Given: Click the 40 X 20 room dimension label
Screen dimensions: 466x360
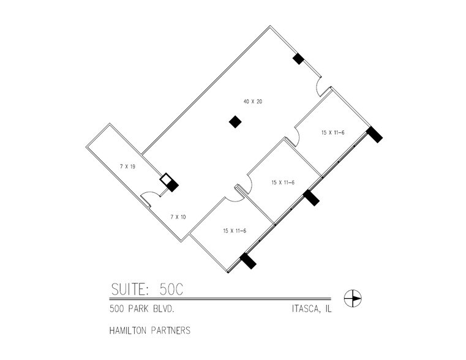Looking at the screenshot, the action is pyautogui.click(x=253, y=102).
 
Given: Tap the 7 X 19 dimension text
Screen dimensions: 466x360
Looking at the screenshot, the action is pyautogui.click(x=127, y=167).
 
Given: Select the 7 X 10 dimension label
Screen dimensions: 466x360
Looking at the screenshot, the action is pyautogui.click(x=178, y=217).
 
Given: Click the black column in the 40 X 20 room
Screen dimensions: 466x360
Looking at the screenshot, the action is pyautogui.click(x=235, y=122).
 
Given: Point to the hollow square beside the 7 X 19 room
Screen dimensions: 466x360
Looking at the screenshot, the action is pyautogui.click(x=165, y=179).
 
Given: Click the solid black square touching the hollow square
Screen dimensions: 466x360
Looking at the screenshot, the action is pyautogui.click(x=172, y=186).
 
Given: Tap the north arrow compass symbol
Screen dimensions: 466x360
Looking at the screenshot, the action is pyautogui.click(x=353, y=298).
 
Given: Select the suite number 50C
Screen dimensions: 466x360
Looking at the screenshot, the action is pyautogui.click(x=171, y=289).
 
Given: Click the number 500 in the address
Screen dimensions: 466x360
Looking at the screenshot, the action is pyautogui.click(x=117, y=309).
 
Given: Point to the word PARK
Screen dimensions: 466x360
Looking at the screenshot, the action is pyautogui.click(x=138, y=309).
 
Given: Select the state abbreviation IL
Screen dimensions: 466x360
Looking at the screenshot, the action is pyautogui.click(x=328, y=309).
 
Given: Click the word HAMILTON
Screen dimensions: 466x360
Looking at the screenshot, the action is pyautogui.click(x=129, y=330).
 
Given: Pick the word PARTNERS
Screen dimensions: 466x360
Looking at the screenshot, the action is pyautogui.click(x=171, y=330).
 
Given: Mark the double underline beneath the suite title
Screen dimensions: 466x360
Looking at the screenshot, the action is pyautogui.click(x=220, y=298).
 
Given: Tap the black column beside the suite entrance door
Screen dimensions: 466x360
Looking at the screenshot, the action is pyautogui.click(x=298, y=59).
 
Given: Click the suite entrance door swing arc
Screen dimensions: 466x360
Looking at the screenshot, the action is pyautogui.click(x=317, y=88).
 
